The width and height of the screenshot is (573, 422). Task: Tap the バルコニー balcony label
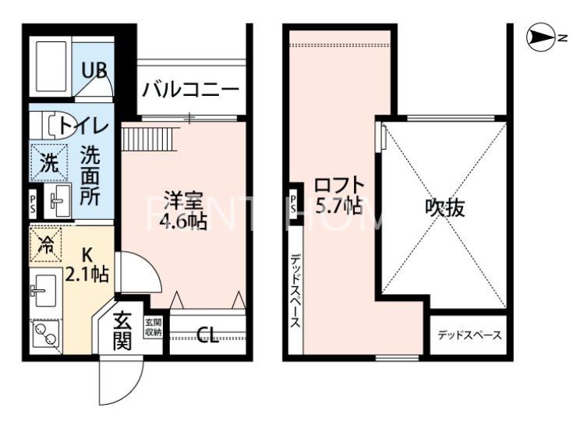tap(190, 89)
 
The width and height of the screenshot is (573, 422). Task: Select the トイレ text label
tap(83, 124)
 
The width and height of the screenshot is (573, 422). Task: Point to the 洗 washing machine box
tap(48, 164)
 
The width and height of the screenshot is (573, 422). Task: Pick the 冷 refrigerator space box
tap(48, 244)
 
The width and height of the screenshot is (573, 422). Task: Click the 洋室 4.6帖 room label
tap(184, 210)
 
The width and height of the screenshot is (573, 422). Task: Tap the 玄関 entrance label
tap(122, 331)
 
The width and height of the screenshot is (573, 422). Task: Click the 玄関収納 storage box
tap(153, 328)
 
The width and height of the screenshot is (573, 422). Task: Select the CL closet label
tap(207, 335)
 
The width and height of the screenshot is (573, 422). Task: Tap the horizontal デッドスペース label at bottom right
tap(469, 335)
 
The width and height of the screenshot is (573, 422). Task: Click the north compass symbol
tap(539, 36)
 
